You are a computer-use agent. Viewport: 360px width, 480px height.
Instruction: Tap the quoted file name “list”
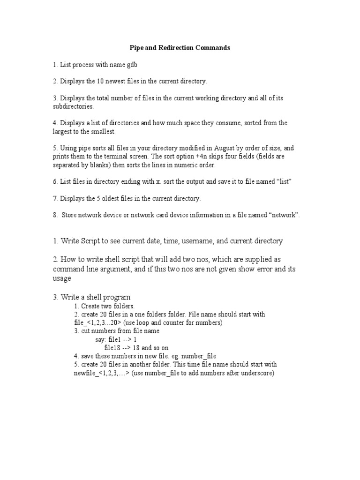283,181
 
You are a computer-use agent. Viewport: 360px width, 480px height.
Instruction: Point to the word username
199,241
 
